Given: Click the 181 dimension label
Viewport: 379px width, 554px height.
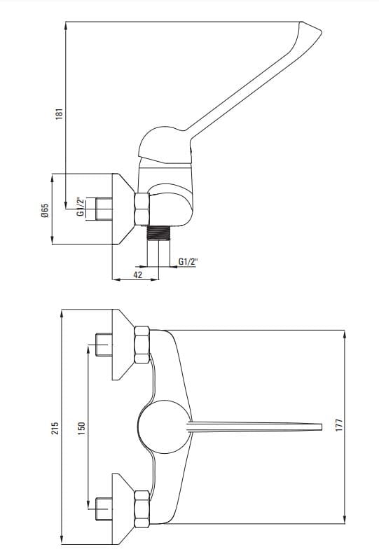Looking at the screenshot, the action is pyautogui.click(x=59, y=114).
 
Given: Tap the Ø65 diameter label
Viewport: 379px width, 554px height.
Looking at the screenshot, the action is pyautogui.click(x=45, y=211).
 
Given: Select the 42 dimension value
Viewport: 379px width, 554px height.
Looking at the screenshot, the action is pyautogui.click(x=138, y=275).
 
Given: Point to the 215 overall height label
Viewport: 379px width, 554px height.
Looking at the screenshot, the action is pyautogui.click(x=55, y=428).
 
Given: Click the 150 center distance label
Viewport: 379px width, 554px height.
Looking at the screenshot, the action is pyautogui.click(x=82, y=428).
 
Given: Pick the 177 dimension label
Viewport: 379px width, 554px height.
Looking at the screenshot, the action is pyautogui.click(x=339, y=425).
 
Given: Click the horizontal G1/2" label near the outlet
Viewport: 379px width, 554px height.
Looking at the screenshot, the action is pyautogui.click(x=188, y=262).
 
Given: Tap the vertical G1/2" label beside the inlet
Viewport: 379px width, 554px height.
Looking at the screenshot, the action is pyautogui.click(x=82, y=207).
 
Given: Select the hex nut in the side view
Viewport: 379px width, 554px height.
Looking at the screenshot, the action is pyautogui.click(x=142, y=209).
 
